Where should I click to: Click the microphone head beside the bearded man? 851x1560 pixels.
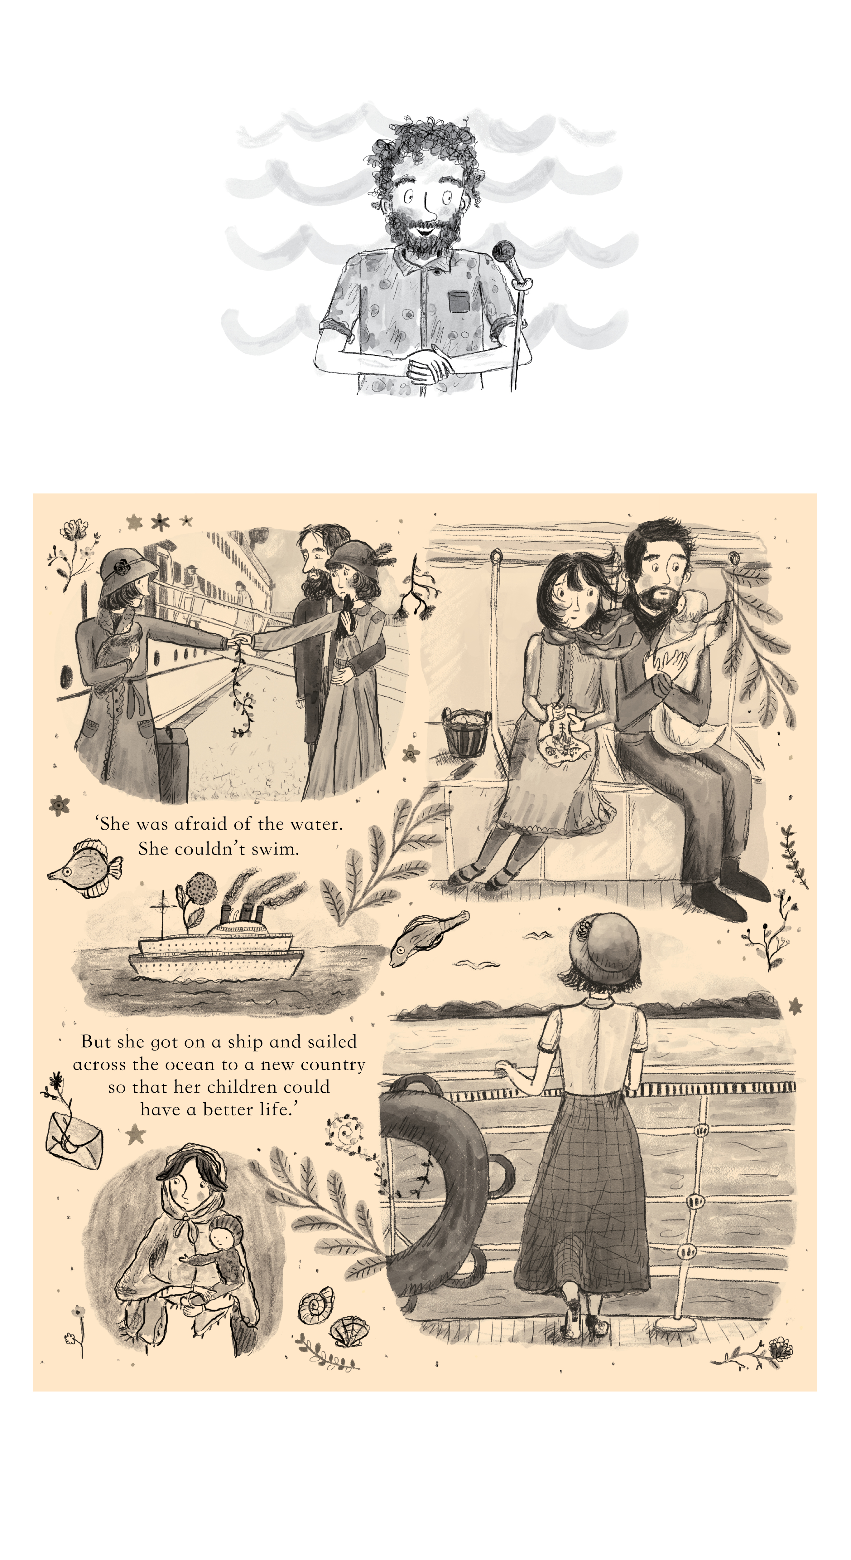[503, 251]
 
